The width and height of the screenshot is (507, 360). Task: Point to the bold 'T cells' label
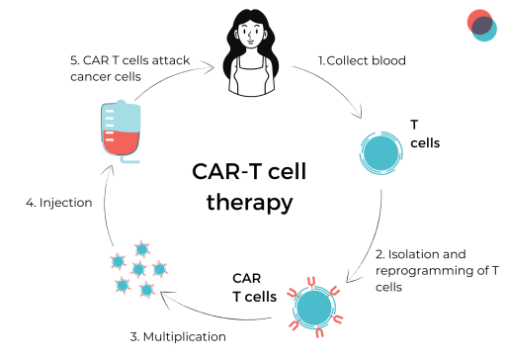coord(424,134)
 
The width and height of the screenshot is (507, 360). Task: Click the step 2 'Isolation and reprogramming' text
coord(426,267)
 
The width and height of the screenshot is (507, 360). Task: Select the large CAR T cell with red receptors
coord(316,304)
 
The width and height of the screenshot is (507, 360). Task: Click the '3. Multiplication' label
coord(178,336)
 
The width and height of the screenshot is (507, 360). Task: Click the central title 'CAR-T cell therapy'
coord(250,187)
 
